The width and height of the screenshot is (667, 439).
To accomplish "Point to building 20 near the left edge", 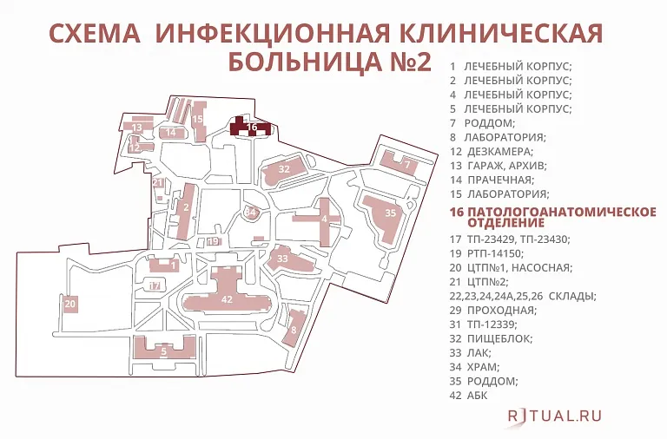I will (x=70, y=304).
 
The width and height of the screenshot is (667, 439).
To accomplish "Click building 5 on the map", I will (x=163, y=351).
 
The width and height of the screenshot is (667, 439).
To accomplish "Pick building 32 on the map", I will (x=284, y=168).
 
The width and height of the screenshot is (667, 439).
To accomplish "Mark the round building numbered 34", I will (x=251, y=212).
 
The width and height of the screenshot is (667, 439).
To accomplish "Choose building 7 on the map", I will (x=406, y=164).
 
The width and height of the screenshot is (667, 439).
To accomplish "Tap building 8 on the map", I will (x=295, y=329).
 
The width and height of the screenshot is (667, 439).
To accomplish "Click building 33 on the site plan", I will (x=282, y=259).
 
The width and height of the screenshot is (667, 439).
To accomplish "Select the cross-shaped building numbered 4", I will (x=324, y=219).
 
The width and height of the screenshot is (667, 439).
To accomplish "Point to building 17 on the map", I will (x=155, y=285).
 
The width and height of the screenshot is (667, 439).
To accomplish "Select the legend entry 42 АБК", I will (x=469, y=395).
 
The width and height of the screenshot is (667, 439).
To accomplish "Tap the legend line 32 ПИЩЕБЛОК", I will (x=492, y=338).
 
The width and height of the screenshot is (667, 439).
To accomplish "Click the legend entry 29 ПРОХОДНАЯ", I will (x=492, y=310).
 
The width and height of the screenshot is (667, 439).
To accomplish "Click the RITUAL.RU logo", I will (x=555, y=416).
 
